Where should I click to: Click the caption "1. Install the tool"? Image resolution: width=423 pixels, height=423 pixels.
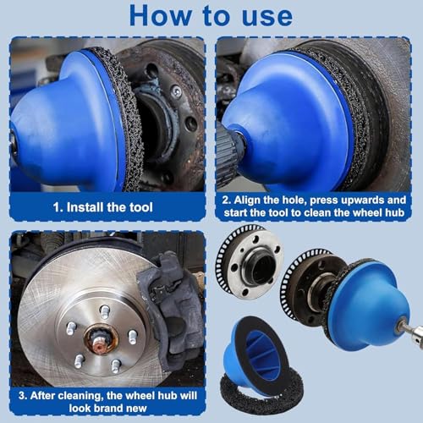[103, 207]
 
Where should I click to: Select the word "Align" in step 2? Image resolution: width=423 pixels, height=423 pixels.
[248, 200]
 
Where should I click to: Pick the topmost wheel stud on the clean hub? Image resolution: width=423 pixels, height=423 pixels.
[104, 312]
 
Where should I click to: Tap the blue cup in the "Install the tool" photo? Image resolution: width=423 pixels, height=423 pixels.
[68, 121]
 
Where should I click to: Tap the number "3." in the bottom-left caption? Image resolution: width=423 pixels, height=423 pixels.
[23, 396]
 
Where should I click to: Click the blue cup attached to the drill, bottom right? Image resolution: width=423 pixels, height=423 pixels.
[370, 307]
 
